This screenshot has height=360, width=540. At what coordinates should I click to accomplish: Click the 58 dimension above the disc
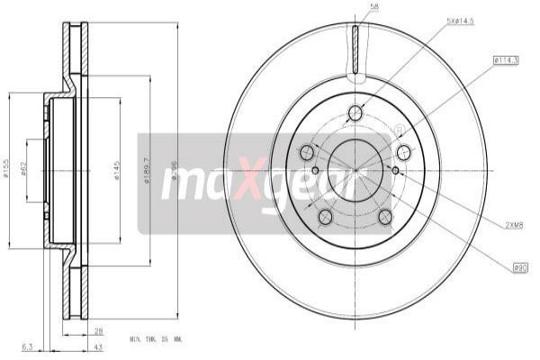pyautogui.click(x=373, y=8)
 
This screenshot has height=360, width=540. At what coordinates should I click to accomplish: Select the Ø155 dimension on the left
pyautogui.click(x=7, y=167)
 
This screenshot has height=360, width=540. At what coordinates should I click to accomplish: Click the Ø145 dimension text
pyautogui.click(x=118, y=168)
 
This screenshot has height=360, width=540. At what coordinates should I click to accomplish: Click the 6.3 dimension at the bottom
pyautogui.click(x=27, y=345)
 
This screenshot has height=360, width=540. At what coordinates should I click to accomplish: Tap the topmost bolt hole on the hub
pyautogui.click(x=355, y=112)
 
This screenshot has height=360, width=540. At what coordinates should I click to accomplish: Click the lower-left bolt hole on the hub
pyautogui.click(x=325, y=216)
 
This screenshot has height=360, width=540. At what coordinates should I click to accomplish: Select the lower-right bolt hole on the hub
pyautogui.click(x=385, y=216)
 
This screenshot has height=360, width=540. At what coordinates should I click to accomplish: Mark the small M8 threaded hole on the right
pyautogui.click(x=395, y=169)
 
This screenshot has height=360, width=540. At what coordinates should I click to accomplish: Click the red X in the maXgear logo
pyautogui.click(x=255, y=175)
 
